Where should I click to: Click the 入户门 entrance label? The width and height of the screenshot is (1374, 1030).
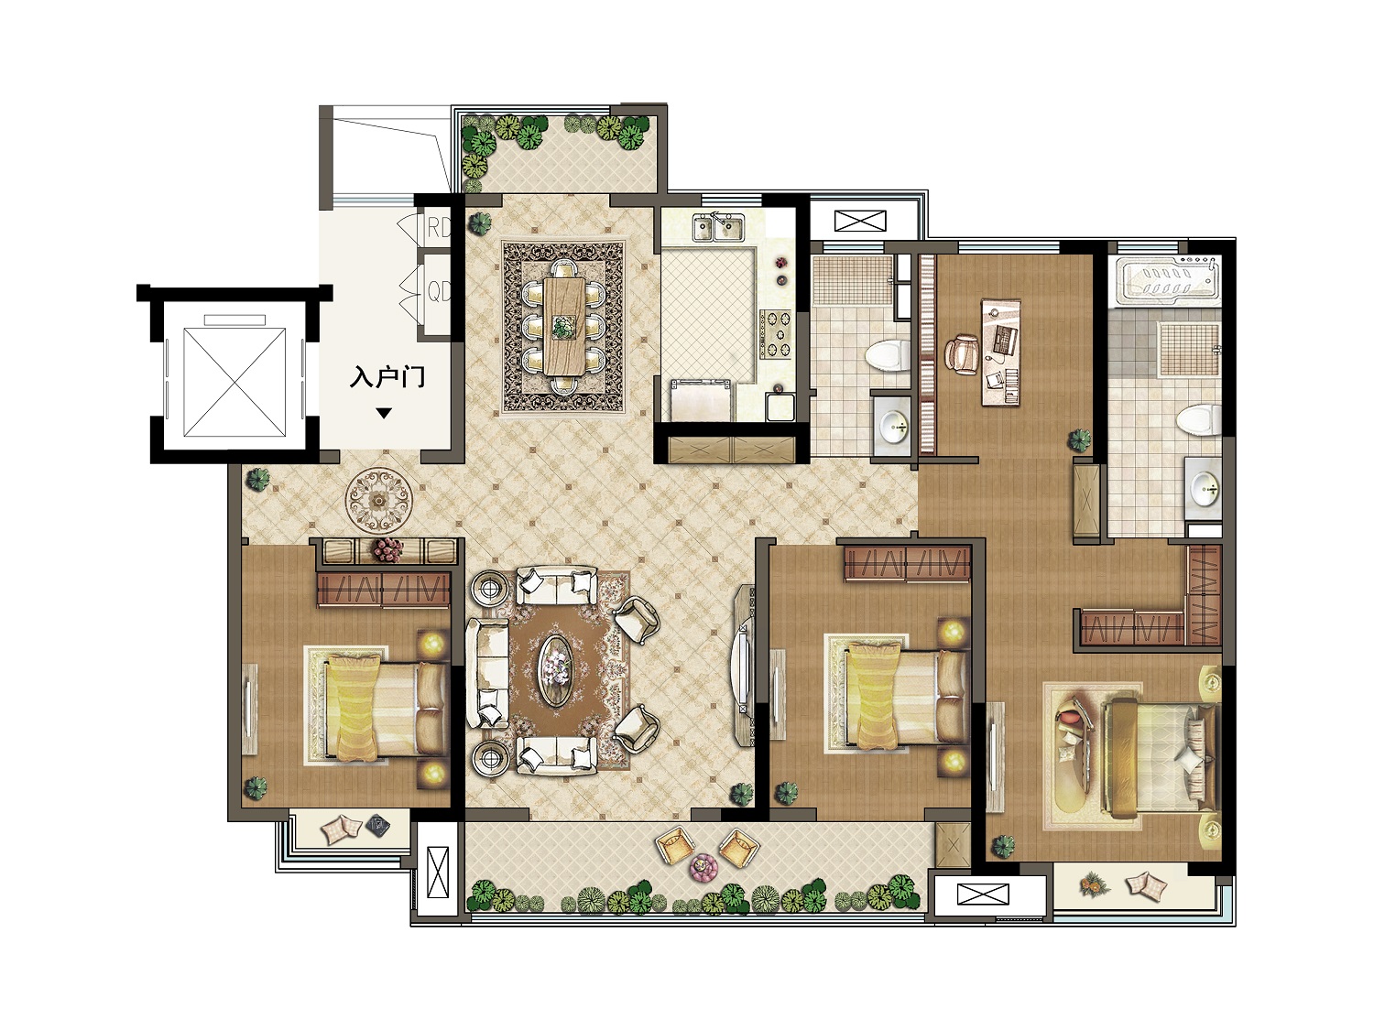pyautogui.click(x=387, y=377)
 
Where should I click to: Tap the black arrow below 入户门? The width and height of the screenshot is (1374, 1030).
pyautogui.click(x=384, y=414)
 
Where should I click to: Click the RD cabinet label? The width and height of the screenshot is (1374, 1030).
pyautogui.click(x=438, y=228)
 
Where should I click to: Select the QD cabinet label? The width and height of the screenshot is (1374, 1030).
pyautogui.click(x=439, y=291)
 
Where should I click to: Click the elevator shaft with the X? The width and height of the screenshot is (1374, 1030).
pyautogui.click(x=235, y=382)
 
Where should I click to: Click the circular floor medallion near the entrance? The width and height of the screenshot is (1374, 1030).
pyautogui.click(x=378, y=499)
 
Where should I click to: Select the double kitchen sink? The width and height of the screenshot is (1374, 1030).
pyautogui.click(x=718, y=228)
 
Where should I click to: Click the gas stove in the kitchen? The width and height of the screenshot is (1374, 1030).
pyautogui.click(x=777, y=335)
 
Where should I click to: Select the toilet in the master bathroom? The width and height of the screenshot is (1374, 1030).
pyautogui.click(x=1199, y=421)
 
